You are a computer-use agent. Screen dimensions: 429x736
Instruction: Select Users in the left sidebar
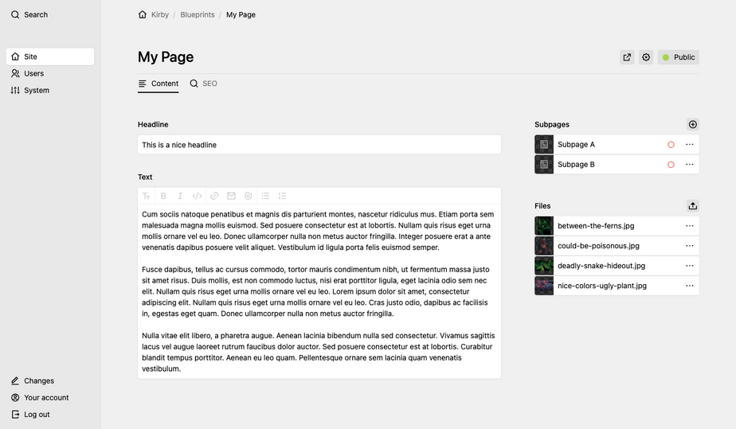tap(33, 73)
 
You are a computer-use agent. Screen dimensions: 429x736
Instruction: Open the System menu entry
tap(36, 90)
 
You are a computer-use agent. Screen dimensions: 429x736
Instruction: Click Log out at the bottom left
tap(36, 414)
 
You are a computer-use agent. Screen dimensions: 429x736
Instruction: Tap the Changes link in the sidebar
tap(38, 380)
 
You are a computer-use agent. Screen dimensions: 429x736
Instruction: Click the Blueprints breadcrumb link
tap(197, 14)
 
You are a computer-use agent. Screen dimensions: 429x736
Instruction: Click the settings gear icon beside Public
tap(646, 57)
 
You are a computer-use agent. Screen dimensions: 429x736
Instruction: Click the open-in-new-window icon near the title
tap(627, 57)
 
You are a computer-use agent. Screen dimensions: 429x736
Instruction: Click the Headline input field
tap(319, 145)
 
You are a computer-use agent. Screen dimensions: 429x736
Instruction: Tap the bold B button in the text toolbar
tap(163, 196)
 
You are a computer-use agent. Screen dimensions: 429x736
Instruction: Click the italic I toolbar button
tap(180, 196)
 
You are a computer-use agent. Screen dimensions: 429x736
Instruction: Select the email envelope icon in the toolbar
tap(231, 196)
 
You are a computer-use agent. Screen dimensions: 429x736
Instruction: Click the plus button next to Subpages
tap(692, 124)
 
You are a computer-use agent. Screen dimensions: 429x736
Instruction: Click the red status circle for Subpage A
tap(671, 145)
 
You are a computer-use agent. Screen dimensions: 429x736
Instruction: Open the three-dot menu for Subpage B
tap(690, 165)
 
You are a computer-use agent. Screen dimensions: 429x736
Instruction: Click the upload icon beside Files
tap(692, 205)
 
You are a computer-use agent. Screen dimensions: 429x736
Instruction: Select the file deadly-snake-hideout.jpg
tap(601, 266)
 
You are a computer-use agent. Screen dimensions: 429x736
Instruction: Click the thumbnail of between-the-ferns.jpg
tap(544, 226)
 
